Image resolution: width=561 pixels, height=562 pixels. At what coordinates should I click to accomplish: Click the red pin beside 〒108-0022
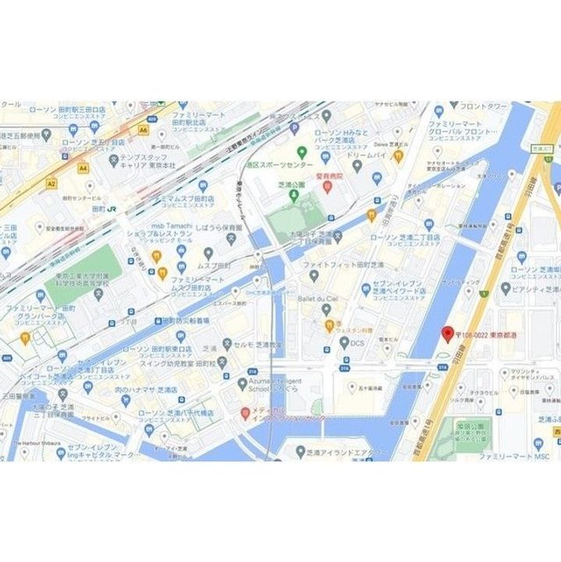pyautogui.click(x=448, y=334)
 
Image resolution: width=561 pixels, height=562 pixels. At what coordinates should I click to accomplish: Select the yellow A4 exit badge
pyautogui.click(x=83, y=167)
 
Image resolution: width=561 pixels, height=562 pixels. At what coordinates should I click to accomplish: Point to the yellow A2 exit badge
pyautogui.click(x=51, y=184)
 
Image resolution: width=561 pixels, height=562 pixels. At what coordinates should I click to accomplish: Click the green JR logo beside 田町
pyautogui.click(x=113, y=209)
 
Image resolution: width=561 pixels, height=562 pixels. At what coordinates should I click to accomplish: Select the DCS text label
pyautogui.click(x=357, y=343)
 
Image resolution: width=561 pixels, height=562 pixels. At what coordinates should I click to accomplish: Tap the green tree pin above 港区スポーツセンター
pyautogui.click(x=301, y=151)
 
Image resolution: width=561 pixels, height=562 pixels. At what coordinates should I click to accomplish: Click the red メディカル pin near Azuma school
pyautogui.click(x=245, y=412)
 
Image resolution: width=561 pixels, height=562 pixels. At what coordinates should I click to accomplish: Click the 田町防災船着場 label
pyautogui.click(x=185, y=321)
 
